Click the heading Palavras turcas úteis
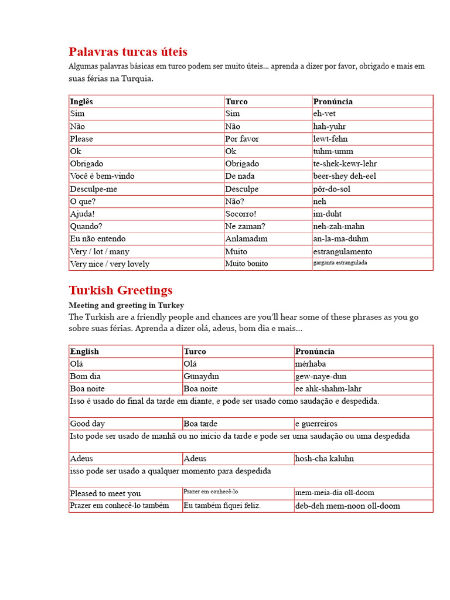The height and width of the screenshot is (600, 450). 128,52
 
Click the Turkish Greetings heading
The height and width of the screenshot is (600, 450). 120,290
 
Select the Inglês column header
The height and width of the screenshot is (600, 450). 81,101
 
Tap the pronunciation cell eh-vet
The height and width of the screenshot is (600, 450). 324,114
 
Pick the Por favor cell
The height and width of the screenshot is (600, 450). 241,139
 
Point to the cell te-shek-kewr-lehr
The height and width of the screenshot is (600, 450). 345,163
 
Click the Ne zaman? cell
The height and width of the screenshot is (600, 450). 245,226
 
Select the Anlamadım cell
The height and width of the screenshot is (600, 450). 246,238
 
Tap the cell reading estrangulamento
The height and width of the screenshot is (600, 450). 342,251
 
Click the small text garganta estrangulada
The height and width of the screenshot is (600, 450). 340,263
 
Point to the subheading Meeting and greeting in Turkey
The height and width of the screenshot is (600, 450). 126,305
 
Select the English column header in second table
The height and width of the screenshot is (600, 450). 84,352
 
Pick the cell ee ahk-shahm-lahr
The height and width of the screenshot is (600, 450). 328,388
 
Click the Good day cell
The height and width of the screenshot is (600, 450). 87,424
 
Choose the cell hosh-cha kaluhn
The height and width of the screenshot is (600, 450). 325,459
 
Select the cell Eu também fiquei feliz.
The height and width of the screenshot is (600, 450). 222,506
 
